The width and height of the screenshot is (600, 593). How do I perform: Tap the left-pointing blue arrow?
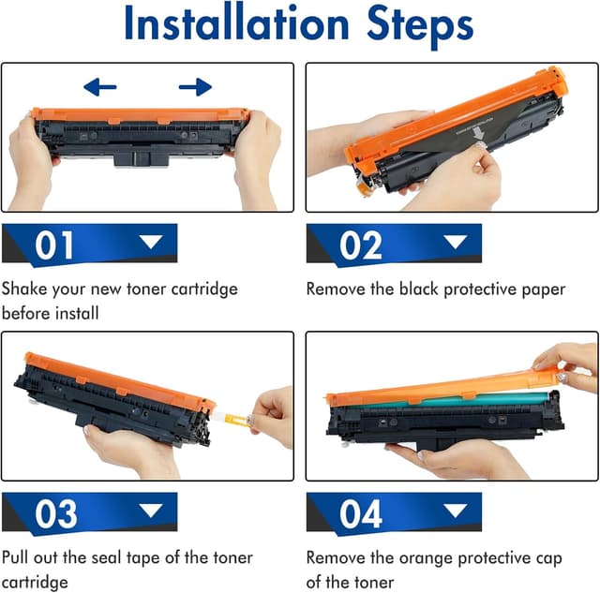[99, 88]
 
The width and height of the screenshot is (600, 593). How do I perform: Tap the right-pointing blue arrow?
[195, 88]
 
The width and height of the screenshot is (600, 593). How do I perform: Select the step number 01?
[55, 245]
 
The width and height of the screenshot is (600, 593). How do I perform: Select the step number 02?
[360, 245]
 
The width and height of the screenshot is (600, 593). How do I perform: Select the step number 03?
[55, 514]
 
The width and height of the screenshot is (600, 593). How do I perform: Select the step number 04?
[360, 514]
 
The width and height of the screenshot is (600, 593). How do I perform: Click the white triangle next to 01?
[150, 243]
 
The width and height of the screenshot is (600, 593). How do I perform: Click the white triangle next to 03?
[150, 511]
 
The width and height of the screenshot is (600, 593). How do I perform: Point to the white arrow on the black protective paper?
[479, 137]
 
